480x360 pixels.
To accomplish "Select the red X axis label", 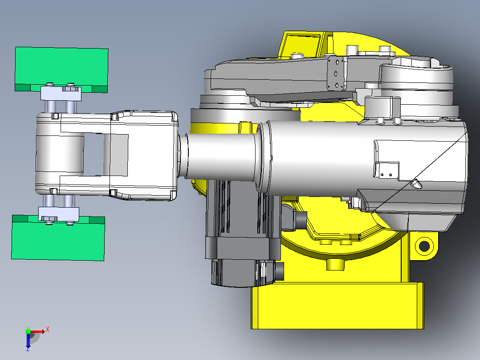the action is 48,330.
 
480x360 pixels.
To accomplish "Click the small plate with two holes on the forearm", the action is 387,170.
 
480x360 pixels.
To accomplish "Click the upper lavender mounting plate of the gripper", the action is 61,94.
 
